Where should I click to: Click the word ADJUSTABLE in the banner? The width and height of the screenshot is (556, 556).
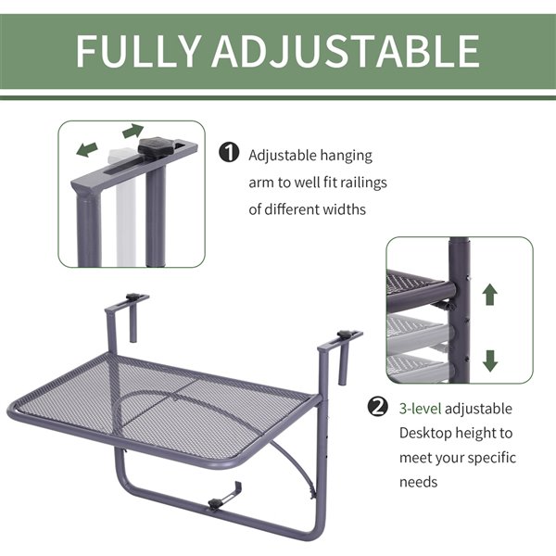pos(346,51)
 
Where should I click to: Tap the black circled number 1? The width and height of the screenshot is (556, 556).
pos(229,153)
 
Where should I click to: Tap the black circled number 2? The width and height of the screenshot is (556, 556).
pos(378,407)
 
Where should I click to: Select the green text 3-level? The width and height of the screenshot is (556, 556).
pos(420,409)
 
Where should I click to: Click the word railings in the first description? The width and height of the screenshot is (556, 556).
pos(363,183)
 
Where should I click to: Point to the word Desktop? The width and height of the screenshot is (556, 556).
pos(424,434)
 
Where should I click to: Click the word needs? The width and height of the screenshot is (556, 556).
pos(419,482)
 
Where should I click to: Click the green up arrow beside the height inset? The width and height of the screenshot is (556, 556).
pos(489,294)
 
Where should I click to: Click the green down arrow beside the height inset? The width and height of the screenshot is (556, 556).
pos(490,361)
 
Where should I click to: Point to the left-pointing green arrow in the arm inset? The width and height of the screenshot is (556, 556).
pos(87,149)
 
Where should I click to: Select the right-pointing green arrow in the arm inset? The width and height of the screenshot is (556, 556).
pos(133,131)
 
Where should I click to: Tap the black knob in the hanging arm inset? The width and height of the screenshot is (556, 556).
pos(156,145)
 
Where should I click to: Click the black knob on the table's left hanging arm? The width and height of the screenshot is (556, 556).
pos(133,297)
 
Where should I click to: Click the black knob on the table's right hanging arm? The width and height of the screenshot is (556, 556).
pos(344,334)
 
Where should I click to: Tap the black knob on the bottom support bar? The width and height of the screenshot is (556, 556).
pos(215,502)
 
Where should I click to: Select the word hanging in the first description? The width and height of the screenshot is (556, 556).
pos(346,156)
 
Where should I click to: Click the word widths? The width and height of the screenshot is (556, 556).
pos(344,209)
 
